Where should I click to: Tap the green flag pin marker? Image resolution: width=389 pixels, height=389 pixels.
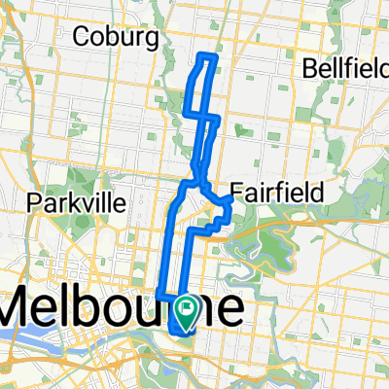click(187, 309)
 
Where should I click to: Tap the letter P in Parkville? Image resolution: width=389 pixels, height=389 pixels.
click(36, 203)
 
